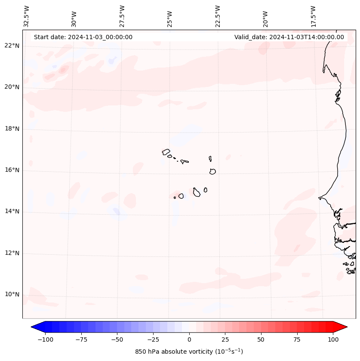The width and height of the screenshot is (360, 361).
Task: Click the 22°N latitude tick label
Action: click(x=12, y=46)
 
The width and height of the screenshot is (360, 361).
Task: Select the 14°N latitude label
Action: click(x=12, y=212)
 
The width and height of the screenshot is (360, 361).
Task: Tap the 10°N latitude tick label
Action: click(x=12, y=295)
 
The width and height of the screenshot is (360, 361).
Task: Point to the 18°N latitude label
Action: click(x=12, y=129)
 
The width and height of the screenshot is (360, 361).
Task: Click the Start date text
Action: click(x=83, y=37)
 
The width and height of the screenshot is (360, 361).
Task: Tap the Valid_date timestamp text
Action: click(x=289, y=37)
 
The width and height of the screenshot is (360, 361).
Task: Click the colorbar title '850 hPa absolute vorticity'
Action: click(x=189, y=352)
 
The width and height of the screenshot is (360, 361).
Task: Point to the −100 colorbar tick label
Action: click(x=45, y=339)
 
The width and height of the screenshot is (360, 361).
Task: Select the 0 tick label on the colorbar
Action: click(x=189, y=339)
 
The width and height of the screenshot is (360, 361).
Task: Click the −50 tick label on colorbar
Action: click(x=117, y=339)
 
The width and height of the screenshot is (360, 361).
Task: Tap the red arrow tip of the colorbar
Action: click(x=344, y=327)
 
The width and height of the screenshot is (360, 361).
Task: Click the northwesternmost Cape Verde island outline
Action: click(x=166, y=151)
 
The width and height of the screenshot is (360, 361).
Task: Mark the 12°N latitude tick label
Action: click(x=12, y=253)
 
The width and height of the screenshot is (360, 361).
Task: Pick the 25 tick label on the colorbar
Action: click(x=225, y=339)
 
